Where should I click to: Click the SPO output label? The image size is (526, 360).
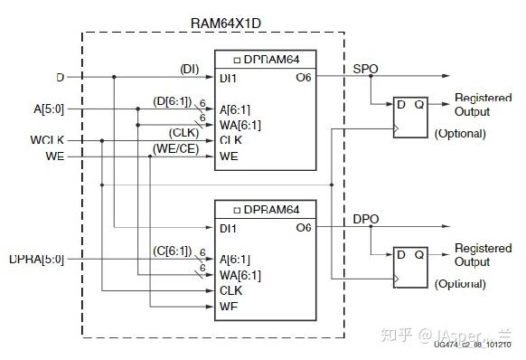[x=364, y=69]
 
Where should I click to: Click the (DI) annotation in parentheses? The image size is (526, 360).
[x=189, y=69]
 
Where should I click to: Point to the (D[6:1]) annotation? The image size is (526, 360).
[x=172, y=100]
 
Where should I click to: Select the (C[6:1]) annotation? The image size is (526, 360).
[x=172, y=251]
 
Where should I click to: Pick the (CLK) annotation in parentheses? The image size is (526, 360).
[x=184, y=132]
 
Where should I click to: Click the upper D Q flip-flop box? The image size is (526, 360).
[x=408, y=116]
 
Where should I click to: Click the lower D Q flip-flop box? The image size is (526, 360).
[x=408, y=267]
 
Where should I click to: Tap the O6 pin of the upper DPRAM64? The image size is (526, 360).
[x=303, y=78]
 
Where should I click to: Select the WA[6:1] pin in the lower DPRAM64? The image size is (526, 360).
[x=240, y=276]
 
